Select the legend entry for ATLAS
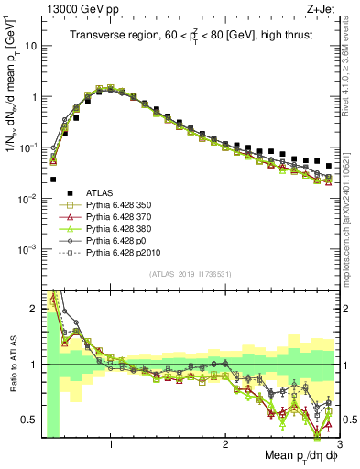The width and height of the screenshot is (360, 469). (x=101, y=192)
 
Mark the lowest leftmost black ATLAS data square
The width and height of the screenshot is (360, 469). (x=53, y=180)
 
